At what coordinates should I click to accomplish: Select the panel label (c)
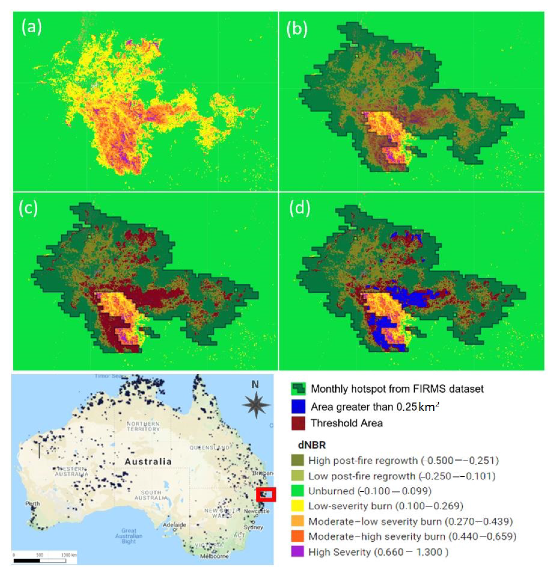click(28, 209)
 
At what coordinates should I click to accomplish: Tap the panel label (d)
click(299, 209)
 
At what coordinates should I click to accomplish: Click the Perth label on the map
click(32, 504)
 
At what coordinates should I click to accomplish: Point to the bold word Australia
click(148, 462)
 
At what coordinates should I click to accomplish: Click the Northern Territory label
click(143, 426)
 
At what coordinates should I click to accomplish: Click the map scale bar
click(39, 561)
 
